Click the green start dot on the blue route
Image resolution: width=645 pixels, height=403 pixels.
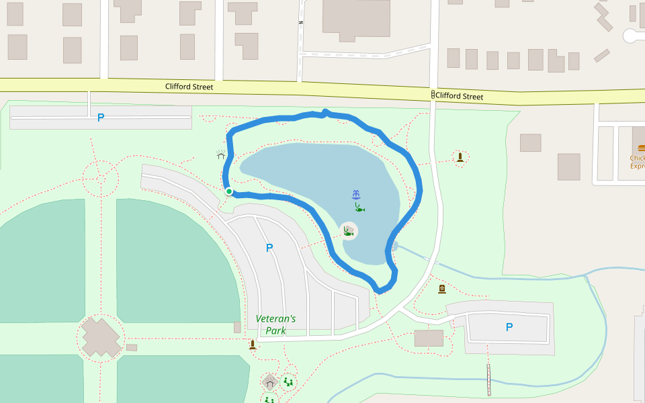(229, 191)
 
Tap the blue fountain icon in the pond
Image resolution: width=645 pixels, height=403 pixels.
(356, 195)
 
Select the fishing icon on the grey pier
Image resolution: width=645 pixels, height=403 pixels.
(348, 231)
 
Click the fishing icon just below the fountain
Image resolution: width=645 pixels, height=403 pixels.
(359, 208)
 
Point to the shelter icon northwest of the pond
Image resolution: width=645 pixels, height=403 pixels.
(221, 155)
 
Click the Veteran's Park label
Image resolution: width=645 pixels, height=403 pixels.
(275, 324)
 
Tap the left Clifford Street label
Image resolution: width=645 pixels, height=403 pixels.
(189, 87)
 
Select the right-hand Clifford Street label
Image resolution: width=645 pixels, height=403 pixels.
(459, 96)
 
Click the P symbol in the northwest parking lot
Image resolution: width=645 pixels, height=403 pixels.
(101, 118)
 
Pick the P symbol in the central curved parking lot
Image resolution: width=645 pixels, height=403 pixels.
(269, 248)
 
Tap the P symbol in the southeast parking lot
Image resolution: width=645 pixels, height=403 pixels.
(509, 327)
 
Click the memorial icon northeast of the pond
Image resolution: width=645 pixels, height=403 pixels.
(460, 157)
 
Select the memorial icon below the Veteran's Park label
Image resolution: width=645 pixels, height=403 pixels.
(253, 345)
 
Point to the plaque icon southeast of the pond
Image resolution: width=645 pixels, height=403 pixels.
(442, 289)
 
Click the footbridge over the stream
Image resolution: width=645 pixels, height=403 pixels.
(488, 379)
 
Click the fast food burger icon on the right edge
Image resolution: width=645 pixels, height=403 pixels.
(641, 148)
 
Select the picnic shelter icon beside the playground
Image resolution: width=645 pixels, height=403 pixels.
(270, 383)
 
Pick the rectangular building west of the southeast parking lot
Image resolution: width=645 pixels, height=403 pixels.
(429, 338)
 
